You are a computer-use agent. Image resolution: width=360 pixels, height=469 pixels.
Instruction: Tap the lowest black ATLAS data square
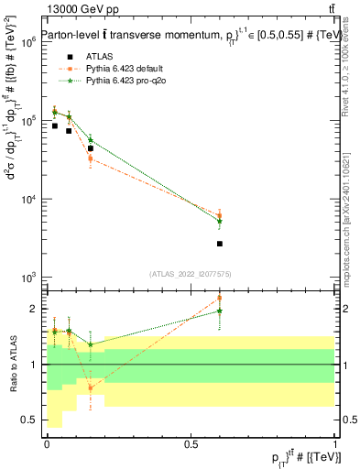(x=220, y=244)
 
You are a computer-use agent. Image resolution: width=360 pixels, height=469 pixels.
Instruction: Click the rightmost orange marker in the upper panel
(x=220, y=216)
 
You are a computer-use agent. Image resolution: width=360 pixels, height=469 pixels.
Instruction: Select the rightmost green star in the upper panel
(x=220, y=221)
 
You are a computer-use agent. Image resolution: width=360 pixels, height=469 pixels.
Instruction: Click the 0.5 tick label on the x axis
(x=191, y=443)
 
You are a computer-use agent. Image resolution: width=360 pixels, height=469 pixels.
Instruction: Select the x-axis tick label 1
(x=335, y=443)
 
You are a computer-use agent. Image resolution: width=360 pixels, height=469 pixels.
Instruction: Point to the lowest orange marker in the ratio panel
(x=90, y=387)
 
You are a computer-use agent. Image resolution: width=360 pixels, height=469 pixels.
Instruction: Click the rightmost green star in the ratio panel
(x=220, y=311)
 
